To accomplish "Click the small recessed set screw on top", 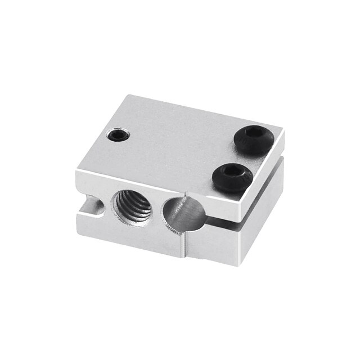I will pyautogui.click(x=118, y=135).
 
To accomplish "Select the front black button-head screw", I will pyautogui.click(x=232, y=177).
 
